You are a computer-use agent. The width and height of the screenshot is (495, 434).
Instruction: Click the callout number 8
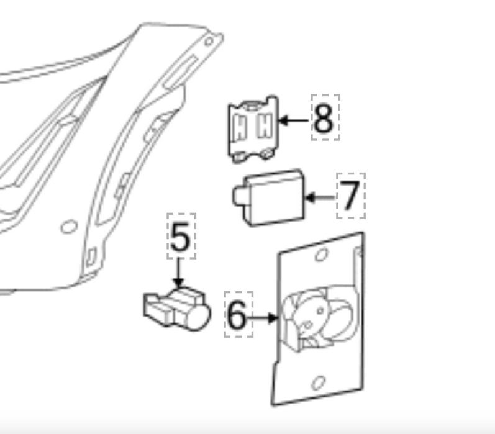(x=323, y=119)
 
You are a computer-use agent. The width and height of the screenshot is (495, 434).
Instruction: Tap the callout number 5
(x=180, y=237)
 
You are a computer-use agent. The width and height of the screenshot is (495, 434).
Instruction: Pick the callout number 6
(x=237, y=315)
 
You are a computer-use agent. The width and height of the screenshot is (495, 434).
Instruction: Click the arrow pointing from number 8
(x=294, y=120)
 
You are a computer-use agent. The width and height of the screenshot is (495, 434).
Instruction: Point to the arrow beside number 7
(x=320, y=197)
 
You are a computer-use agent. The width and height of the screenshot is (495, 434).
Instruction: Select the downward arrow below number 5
(x=178, y=273)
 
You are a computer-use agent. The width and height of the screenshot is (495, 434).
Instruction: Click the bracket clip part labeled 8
(x=253, y=129)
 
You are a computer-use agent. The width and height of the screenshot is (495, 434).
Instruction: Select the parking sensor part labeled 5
(x=177, y=309)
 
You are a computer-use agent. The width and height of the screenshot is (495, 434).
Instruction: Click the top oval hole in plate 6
(x=321, y=255)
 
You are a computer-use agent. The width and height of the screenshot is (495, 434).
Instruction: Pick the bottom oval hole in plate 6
(x=318, y=383)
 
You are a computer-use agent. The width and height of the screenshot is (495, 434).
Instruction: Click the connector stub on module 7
(x=239, y=196)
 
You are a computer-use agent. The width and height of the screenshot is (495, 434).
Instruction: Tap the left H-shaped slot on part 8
(x=240, y=128)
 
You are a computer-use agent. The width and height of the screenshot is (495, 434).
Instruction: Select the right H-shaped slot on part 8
(x=265, y=125)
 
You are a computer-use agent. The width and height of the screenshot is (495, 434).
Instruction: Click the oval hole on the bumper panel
(x=69, y=227)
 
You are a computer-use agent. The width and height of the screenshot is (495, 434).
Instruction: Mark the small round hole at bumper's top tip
(x=209, y=42)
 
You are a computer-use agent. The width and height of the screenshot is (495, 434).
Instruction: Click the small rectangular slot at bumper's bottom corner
(x=91, y=257)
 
